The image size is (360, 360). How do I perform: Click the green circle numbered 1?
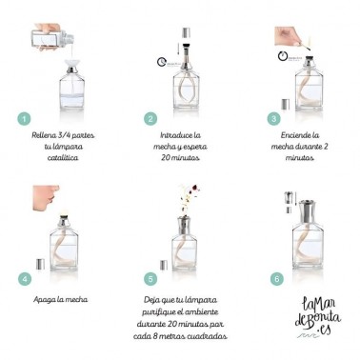[x=24, y=119]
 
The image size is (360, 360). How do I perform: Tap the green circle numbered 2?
[x=150, y=119]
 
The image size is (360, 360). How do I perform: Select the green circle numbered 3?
[x=273, y=119]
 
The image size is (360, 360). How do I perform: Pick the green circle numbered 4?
[x=25, y=279]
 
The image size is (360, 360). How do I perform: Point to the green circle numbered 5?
[x=150, y=279]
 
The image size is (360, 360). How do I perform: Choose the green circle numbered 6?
[x=276, y=279]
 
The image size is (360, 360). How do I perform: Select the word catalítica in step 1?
[x=63, y=158]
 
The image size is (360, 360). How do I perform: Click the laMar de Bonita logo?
[x=317, y=317]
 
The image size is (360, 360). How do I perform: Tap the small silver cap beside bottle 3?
[x=286, y=104]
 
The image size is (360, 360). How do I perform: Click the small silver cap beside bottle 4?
[x=40, y=264]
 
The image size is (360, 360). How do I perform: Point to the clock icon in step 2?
[x=162, y=62]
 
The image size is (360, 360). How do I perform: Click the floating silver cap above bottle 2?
[x=187, y=33]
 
